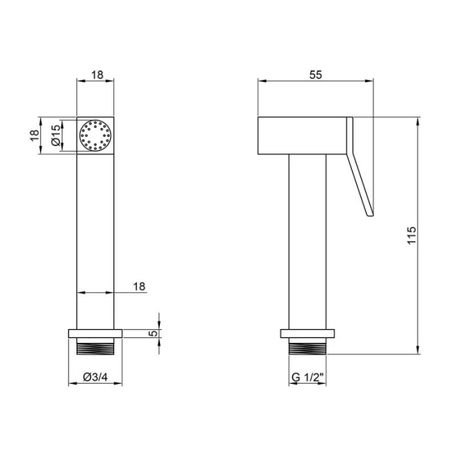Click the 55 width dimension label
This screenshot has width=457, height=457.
click(315, 75)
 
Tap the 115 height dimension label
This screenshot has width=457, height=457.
click(411, 236)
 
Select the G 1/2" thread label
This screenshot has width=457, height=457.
click(307, 377)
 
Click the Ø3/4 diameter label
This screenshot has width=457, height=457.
click(95, 377)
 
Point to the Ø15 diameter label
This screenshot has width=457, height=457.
click(55, 134)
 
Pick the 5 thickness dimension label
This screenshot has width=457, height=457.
click(153, 333)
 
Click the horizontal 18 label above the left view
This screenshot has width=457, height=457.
click(97, 75)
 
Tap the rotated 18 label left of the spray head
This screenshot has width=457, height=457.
click(34, 135)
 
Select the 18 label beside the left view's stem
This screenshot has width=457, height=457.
click(139, 287)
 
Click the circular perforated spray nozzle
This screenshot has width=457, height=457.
click(95, 136)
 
